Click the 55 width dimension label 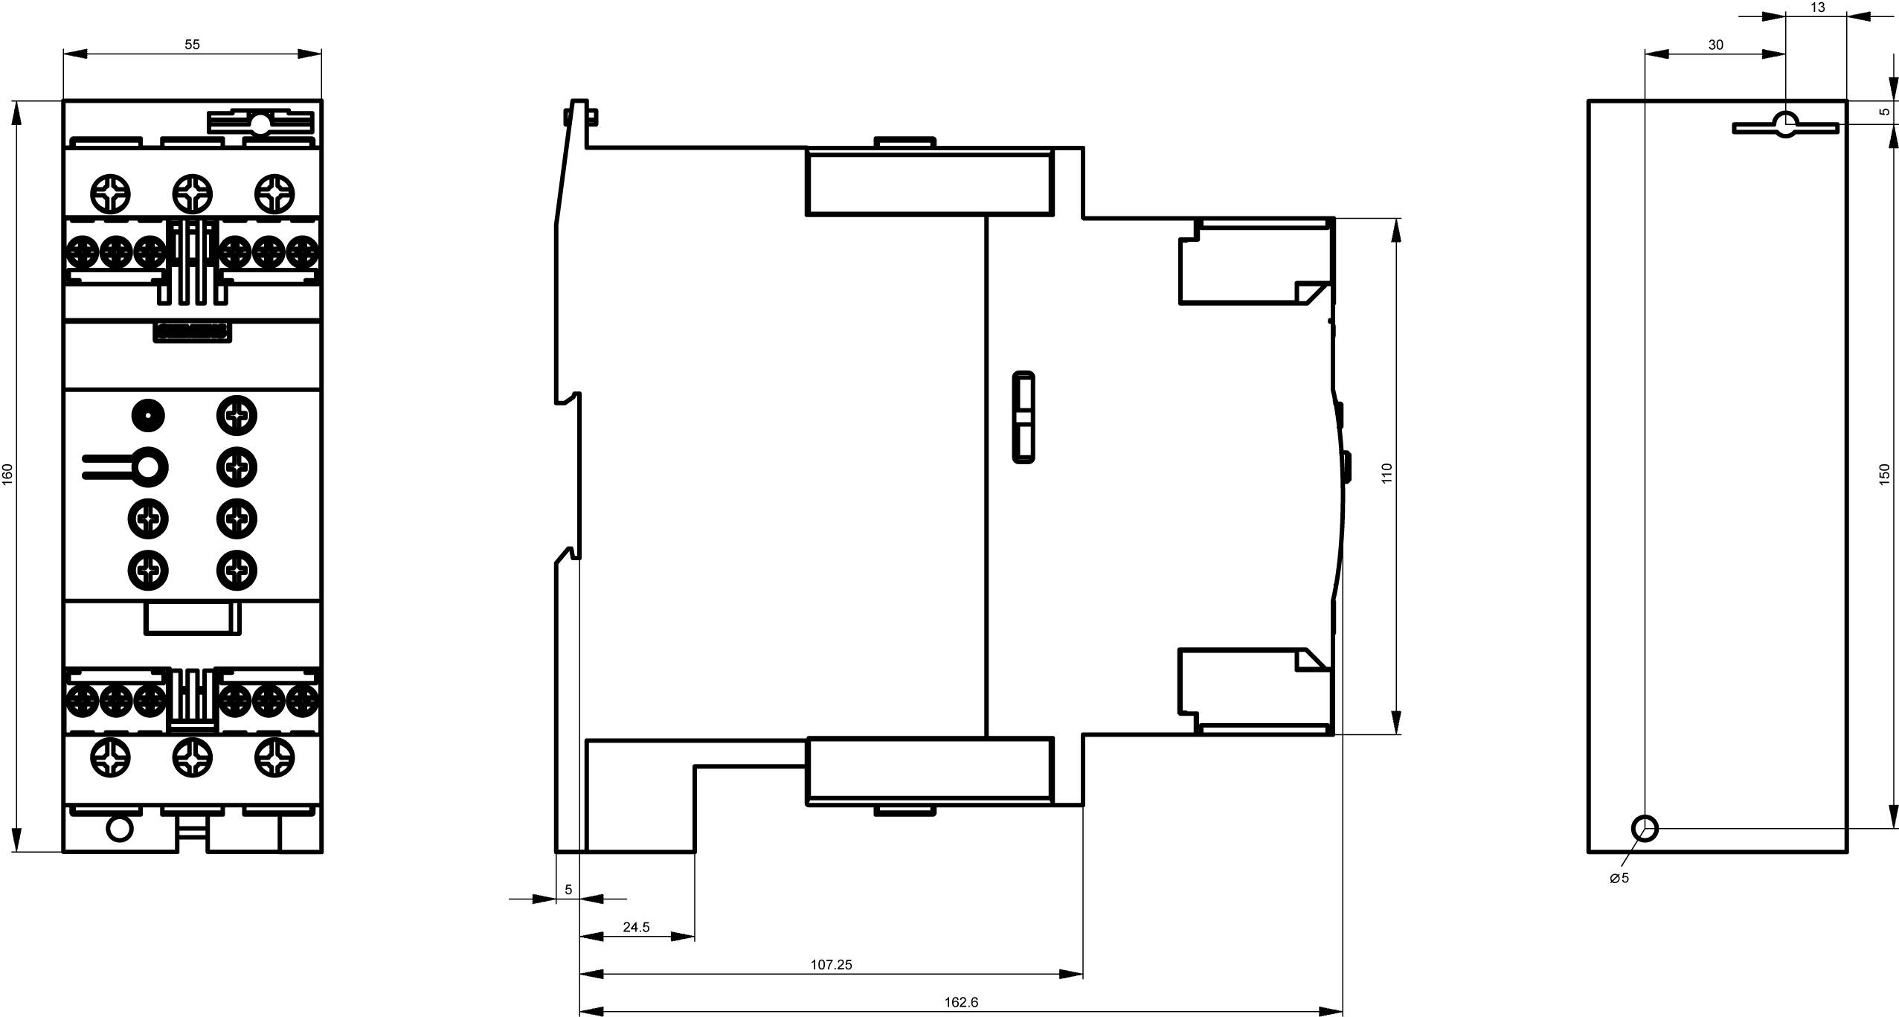192,45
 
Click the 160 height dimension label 8,475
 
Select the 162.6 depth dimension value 961,1002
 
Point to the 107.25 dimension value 831,964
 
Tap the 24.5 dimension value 636,927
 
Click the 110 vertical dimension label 1386,474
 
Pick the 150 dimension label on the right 1884,475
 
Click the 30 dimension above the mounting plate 1715,45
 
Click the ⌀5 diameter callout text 1619,878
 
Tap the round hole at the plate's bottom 1645,828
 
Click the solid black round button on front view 148,415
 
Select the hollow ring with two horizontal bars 148,467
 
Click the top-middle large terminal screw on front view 192,194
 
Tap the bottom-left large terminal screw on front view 109,757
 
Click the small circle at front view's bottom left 119,828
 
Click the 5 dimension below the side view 568,890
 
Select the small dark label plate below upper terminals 192,332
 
